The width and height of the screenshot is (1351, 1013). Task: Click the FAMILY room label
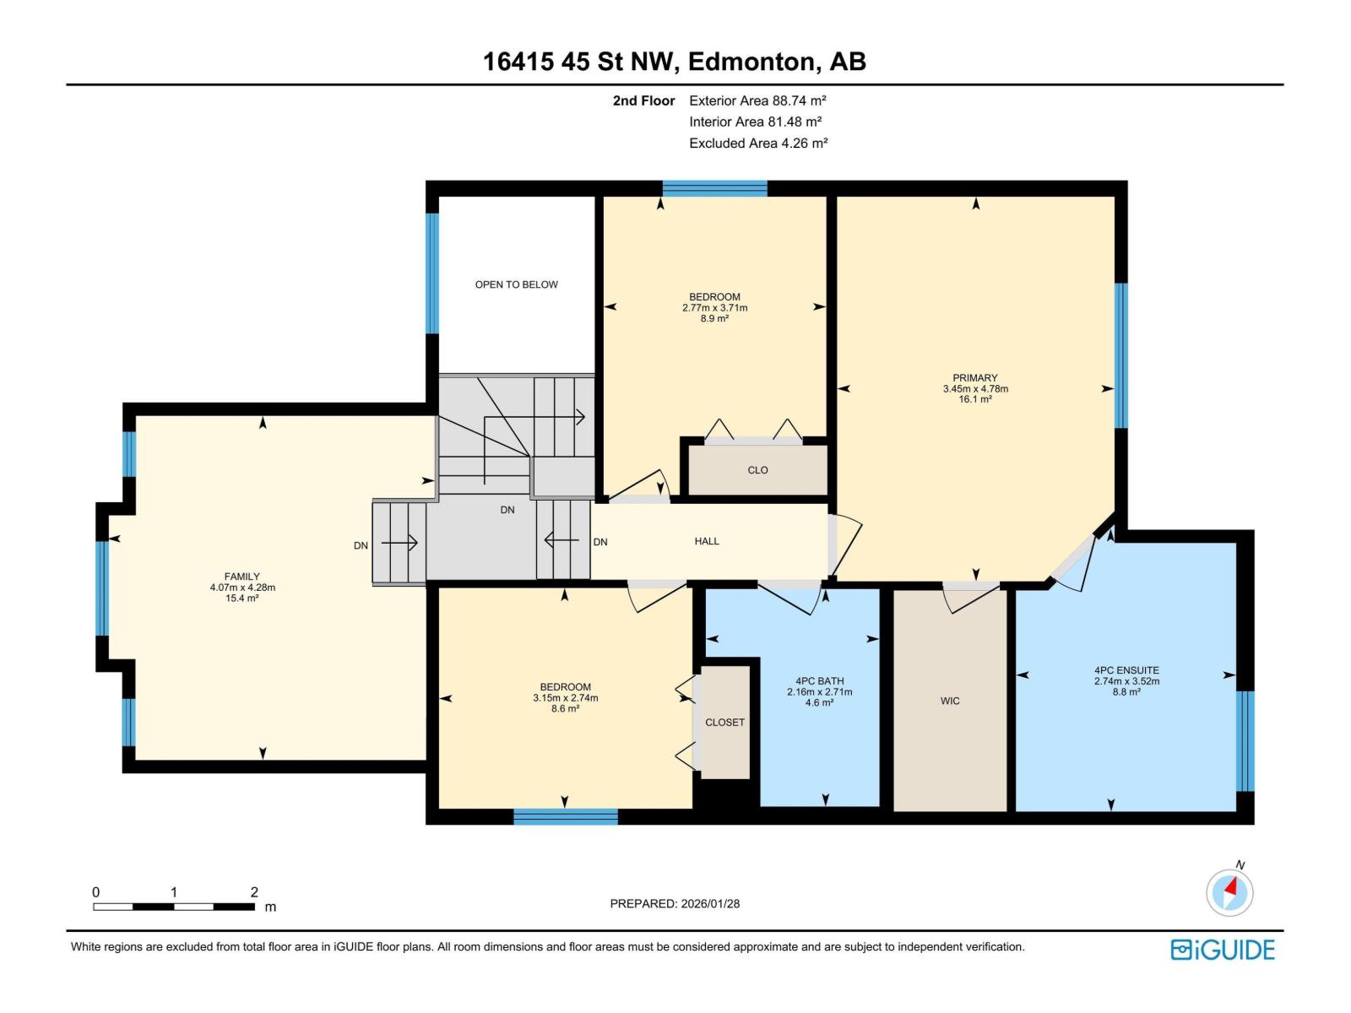pos(241,577)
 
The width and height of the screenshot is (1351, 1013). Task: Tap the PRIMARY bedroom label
pos(975,377)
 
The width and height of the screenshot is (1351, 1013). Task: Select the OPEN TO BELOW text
pos(517,284)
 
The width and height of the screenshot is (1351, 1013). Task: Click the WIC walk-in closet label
pos(950,701)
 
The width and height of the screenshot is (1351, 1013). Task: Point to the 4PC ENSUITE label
pos(1126,670)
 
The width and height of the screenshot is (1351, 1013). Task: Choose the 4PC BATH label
pos(819,681)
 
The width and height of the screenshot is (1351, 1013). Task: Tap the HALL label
pos(707,541)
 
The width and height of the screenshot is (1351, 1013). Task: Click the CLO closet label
pos(757,470)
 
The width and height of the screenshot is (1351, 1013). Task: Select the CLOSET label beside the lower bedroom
pos(724,722)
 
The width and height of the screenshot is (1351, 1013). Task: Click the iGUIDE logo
pos(1222,950)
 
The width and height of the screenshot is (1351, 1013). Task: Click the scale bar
pos(174,907)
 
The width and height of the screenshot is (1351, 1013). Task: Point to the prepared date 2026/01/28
pos(675,903)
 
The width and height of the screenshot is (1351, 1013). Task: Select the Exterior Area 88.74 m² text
pos(757,100)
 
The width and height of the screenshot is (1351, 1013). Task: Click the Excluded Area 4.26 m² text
pos(758,143)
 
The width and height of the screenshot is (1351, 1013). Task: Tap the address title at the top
pos(675,62)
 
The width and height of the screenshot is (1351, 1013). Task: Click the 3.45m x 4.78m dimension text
pos(975,388)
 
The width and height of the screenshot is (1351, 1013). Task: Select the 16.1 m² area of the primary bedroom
pos(975,399)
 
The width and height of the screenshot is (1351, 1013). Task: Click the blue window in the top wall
pos(714,188)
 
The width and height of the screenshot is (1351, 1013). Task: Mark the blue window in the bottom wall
pos(566,817)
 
